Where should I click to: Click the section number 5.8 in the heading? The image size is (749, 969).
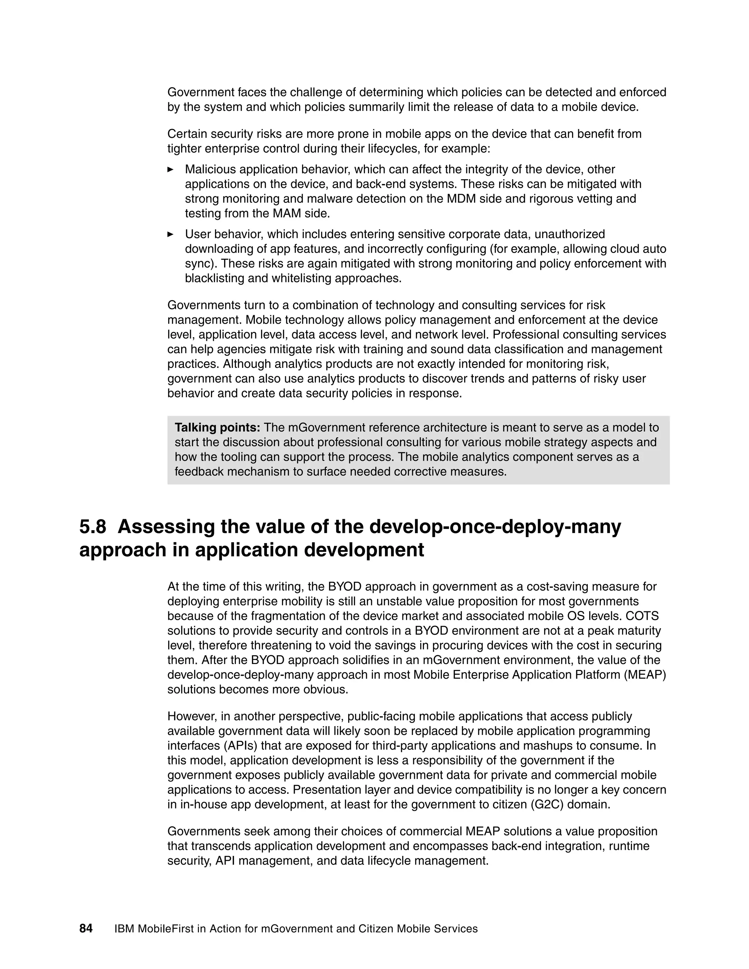point(93,527)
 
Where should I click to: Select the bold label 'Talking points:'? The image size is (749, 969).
point(217,428)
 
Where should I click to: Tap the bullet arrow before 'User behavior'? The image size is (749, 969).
point(170,234)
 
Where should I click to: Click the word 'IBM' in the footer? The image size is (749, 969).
point(124,929)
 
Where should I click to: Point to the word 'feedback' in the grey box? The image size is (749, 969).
point(199,472)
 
